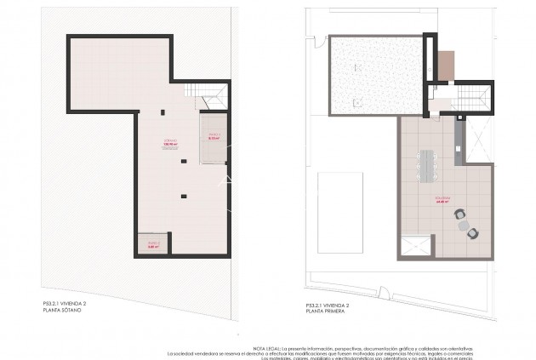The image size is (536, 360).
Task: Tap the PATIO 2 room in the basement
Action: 153,246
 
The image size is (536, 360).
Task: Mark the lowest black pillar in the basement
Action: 182,197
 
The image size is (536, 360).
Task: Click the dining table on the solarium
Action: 427,163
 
